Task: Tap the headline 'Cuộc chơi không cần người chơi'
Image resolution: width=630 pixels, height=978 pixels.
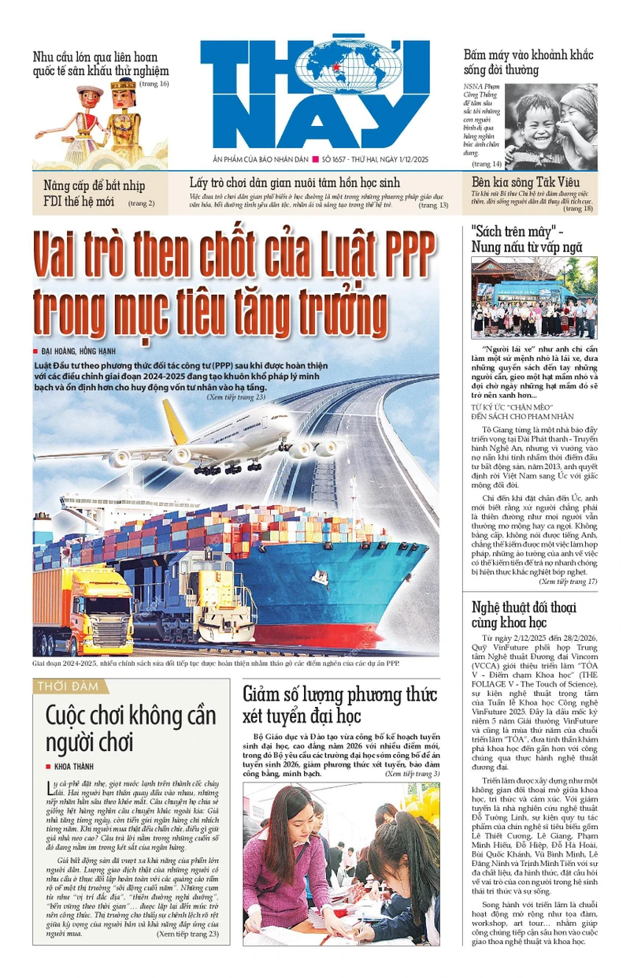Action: coord(130,728)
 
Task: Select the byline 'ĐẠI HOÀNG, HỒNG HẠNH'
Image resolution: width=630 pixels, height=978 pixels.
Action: coord(83,351)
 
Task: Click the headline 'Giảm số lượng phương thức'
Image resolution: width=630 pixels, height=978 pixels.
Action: coord(339,694)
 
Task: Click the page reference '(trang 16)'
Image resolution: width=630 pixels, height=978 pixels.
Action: coord(154,84)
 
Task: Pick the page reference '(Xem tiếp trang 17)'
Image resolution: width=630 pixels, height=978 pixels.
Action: coord(568,582)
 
